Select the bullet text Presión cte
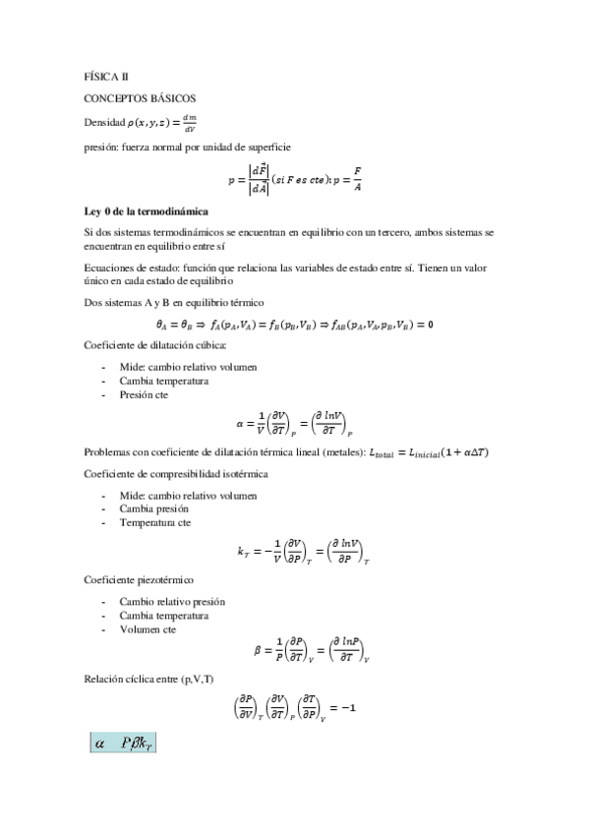click(x=146, y=394)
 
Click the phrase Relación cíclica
click(x=123, y=680)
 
